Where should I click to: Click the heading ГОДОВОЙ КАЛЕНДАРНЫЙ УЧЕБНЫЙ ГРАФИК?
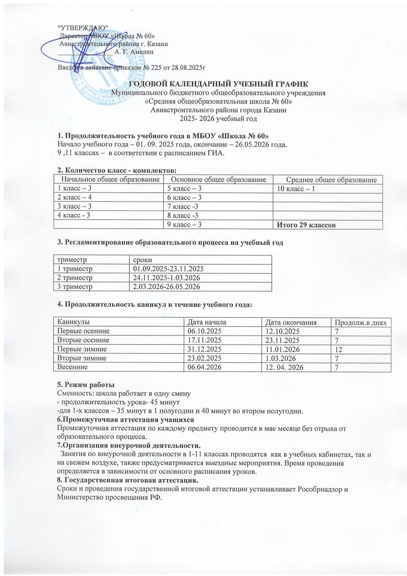(x=203, y=84)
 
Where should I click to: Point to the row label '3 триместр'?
(x=75, y=287)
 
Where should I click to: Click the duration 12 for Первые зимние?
(x=339, y=348)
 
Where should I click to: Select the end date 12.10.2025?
(x=277, y=331)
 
